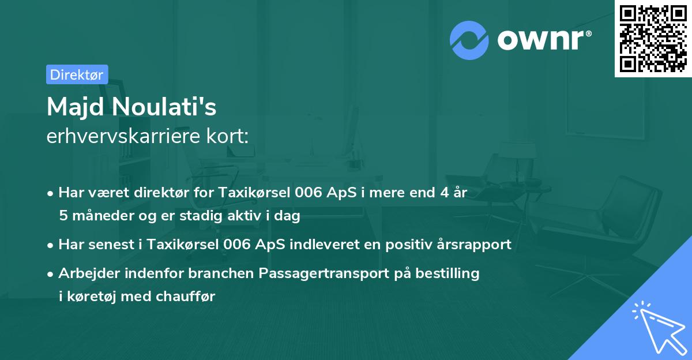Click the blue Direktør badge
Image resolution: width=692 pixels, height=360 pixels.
tap(77, 74)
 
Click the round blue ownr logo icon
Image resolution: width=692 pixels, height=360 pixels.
tap(469, 40)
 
